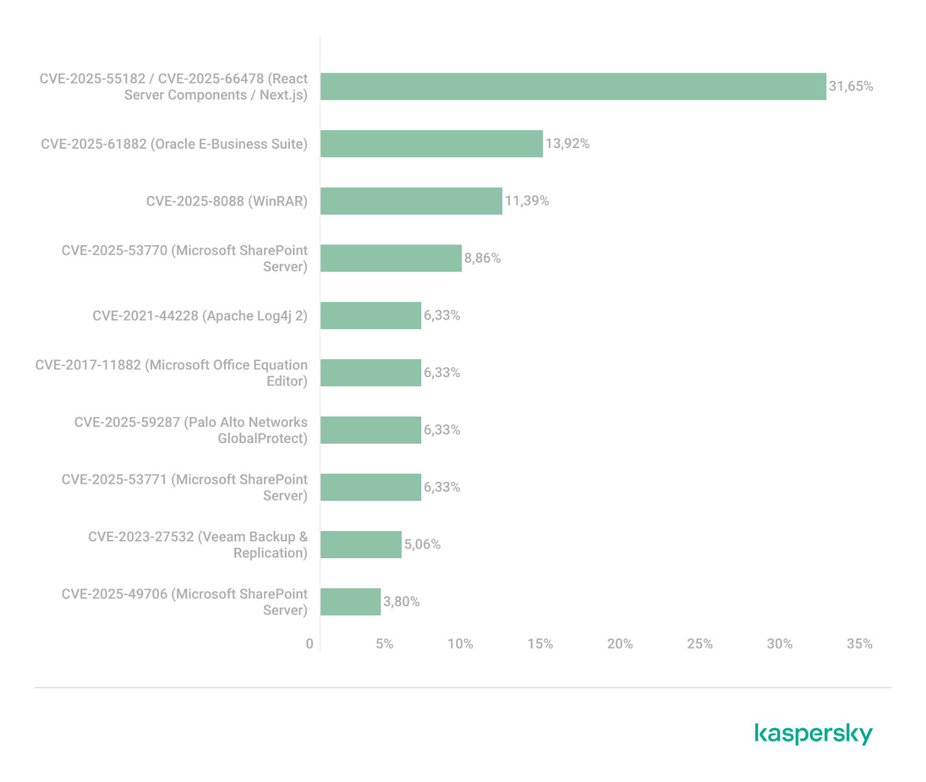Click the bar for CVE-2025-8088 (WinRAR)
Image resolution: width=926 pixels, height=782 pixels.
point(412,201)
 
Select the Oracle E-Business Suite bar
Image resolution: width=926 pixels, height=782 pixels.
point(432,144)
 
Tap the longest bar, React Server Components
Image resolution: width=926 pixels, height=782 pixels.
point(573,86)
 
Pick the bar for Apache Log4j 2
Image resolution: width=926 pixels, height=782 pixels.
point(371,315)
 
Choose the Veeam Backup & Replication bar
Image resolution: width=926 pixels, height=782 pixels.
point(361,544)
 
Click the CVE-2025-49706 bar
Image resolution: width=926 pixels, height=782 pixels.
point(351,602)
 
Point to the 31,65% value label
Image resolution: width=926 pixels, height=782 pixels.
point(851,87)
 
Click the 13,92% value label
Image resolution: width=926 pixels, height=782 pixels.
point(568,144)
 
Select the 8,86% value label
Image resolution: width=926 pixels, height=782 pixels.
point(482,258)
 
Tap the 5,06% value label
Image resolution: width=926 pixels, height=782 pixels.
point(423,545)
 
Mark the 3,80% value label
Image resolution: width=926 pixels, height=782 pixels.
point(401,602)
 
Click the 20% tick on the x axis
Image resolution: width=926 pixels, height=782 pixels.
point(620,644)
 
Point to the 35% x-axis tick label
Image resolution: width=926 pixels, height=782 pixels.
point(859,644)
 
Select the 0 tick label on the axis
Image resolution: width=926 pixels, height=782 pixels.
point(309,644)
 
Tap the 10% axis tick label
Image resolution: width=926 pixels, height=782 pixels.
point(460,644)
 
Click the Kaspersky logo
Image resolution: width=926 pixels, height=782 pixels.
point(813,734)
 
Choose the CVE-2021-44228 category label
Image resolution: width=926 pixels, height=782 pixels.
point(200,316)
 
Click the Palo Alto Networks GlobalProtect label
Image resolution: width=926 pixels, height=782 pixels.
point(191,430)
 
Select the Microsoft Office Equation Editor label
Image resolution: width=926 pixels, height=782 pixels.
point(171,373)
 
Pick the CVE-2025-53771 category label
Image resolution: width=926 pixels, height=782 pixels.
point(184,487)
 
